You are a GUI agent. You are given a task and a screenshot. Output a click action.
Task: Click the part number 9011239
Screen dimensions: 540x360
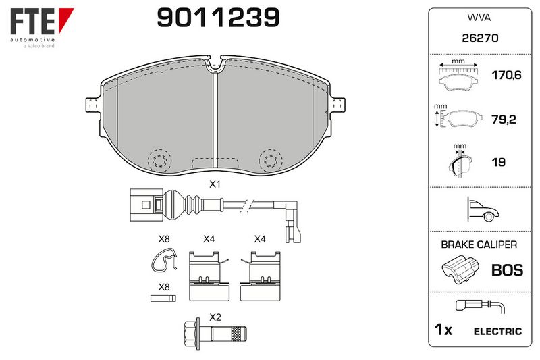pyautogui.click(x=218, y=18)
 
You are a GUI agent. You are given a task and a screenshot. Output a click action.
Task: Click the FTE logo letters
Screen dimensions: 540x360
pyautogui.click(x=32, y=22)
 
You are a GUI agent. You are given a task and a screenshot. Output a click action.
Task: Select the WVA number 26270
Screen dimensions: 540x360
pyautogui.click(x=480, y=38)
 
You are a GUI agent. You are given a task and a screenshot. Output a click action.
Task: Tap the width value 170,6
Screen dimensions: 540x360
pyautogui.click(x=506, y=75)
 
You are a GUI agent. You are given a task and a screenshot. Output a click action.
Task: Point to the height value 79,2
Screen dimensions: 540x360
pyautogui.click(x=504, y=120)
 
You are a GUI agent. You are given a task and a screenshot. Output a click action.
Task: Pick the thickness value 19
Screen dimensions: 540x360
pyautogui.click(x=499, y=162)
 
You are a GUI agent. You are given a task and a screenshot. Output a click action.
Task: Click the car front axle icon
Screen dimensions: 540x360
pyautogui.click(x=483, y=209)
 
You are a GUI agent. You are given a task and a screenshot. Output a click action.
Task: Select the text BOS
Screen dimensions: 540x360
pyautogui.click(x=508, y=270)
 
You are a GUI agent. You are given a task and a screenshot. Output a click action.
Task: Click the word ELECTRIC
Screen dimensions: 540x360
pyautogui.click(x=497, y=332)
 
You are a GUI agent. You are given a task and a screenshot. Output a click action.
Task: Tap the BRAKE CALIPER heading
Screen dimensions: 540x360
pyautogui.click(x=479, y=245)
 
